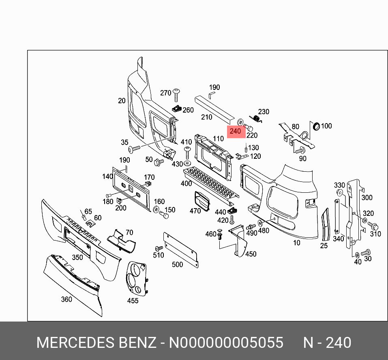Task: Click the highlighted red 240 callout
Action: (x=236, y=131)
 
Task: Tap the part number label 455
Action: (x=133, y=300)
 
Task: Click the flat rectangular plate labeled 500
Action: (x=181, y=250)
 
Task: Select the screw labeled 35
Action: (x=134, y=149)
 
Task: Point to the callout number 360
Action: (x=66, y=299)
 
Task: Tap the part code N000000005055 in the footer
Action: (x=226, y=343)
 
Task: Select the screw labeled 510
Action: (x=159, y=248)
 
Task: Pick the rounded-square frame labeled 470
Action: (x=201, y=201)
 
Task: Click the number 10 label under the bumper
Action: (x=296, y=243)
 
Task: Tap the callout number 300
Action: (x=367, y=198)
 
